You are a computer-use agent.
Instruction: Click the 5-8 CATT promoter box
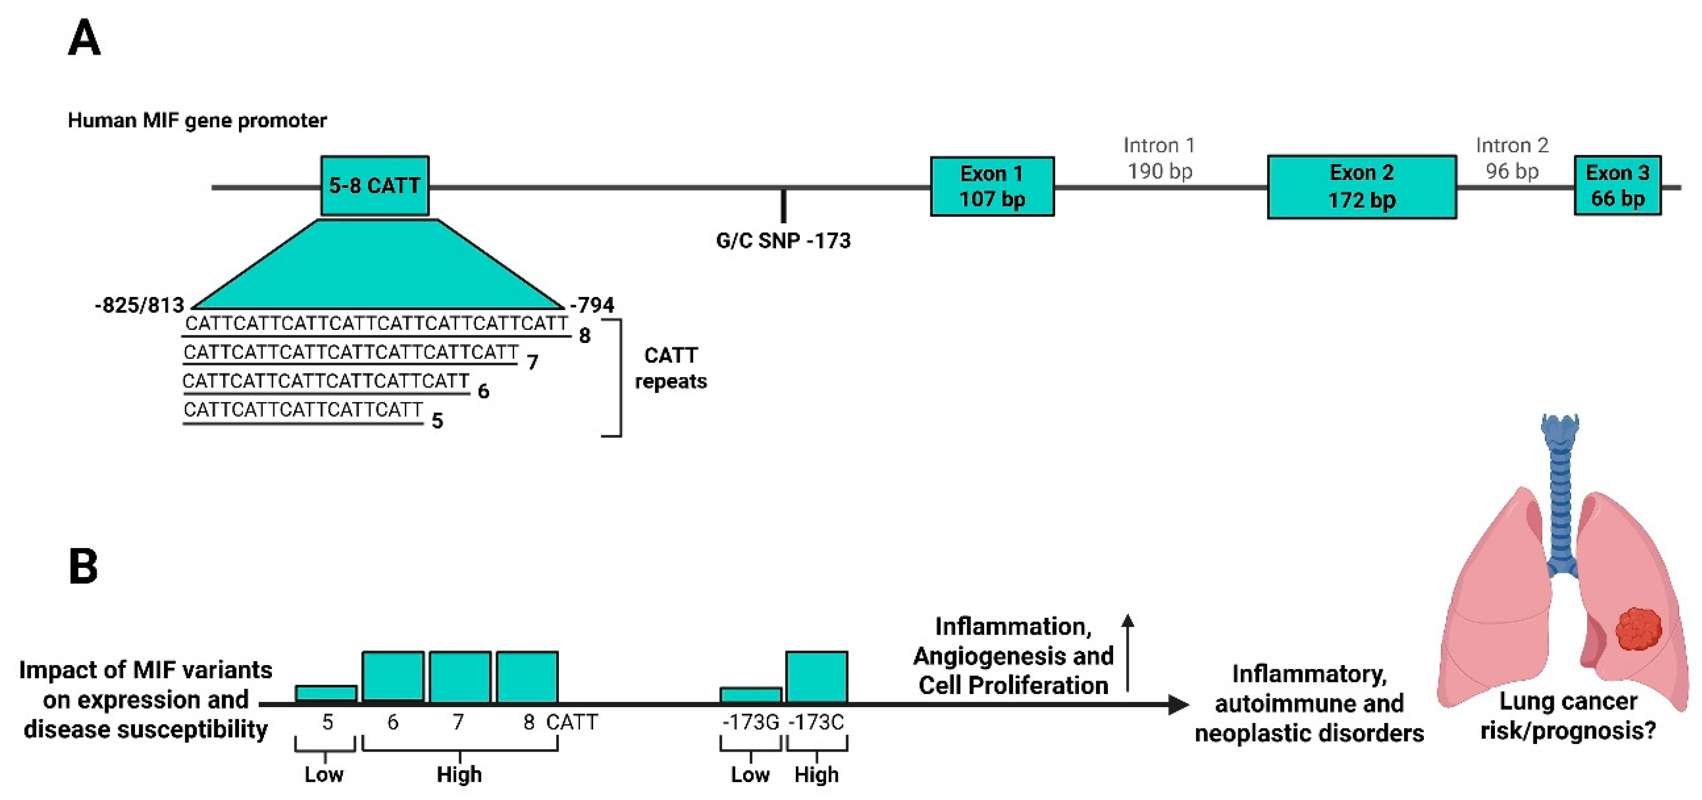point(374,186)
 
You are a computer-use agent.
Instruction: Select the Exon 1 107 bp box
point(992,186)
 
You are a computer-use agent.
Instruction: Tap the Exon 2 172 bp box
point(1362,186)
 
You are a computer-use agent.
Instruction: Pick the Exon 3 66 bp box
point(1617,186)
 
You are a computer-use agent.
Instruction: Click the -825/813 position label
point(139,305)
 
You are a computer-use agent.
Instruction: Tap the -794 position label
point(593,305)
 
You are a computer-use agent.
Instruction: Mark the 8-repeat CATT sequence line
point(376,324)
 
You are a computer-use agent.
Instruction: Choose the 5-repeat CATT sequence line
point(302,410)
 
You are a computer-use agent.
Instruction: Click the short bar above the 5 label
point(326,694)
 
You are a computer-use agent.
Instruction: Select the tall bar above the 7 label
point(460,677)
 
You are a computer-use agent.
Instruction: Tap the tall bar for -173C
point(817,677)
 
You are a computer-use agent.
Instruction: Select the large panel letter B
point(84,567)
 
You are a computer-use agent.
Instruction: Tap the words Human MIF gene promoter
point(197,121)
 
